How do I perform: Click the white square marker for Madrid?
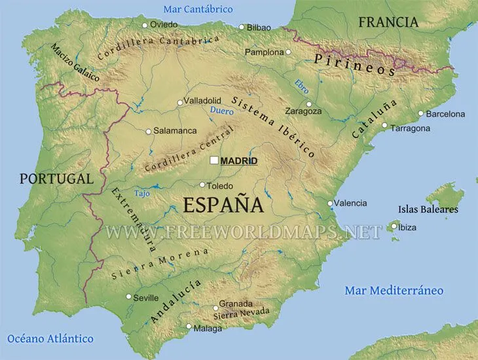(214, 160)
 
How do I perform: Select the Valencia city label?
(350, 203)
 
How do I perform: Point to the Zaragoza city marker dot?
(309, 103)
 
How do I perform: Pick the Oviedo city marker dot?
(145, 25)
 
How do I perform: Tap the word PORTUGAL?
(56, 178)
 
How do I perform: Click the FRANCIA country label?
(388, 22)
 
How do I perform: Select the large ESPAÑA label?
(223, 205)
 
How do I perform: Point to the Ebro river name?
(301, 87)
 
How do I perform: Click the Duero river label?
(221, 112)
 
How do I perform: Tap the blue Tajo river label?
(142, 193)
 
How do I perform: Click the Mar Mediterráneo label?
(394, 290)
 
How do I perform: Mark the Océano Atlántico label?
(50, 338)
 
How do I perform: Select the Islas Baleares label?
(428, 209)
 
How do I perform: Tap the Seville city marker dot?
(128, 297)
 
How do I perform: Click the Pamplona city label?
(264, 52)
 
